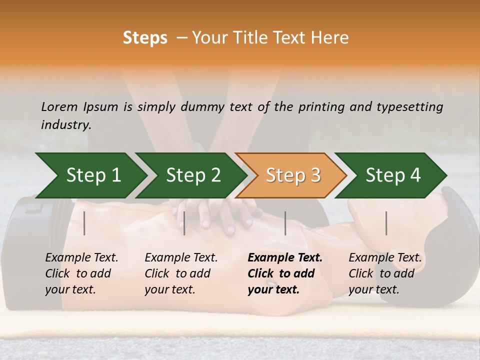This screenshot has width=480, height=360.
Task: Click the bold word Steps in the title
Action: click(145, 38)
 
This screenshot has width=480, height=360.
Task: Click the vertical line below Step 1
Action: click(84, 223)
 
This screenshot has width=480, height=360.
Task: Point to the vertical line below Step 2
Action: click(184, 223)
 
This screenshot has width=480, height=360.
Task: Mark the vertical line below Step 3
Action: click(285, 223)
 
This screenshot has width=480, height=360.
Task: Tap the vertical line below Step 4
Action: click(386, 223)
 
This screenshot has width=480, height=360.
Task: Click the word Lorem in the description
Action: click(59, 106)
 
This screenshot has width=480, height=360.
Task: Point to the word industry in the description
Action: click(66, 125)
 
